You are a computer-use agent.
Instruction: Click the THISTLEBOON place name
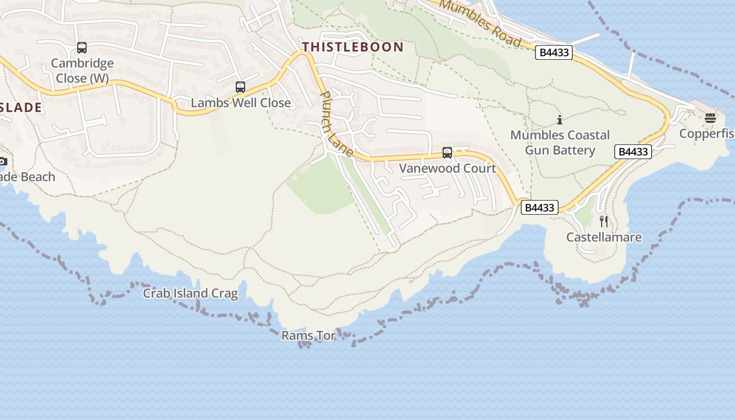pos(353,47)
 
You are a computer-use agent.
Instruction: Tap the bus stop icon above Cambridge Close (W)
pos(82,48)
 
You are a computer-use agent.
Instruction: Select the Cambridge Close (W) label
pos(82,71)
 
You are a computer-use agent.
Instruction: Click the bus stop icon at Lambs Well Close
pos(240,87)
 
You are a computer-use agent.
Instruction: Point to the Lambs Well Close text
pos(240,102)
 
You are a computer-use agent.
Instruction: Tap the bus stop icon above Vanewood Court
pos(447,153)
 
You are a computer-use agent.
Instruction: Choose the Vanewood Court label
pos(447,169)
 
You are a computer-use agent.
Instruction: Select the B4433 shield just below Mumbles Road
pos(554,52)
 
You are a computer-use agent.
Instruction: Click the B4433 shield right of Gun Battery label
pos(633,152)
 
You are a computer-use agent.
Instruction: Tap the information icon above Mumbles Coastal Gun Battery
pos(560,120)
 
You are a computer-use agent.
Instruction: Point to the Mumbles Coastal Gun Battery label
pos(560,143)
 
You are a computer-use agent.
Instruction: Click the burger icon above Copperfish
pos(710,118)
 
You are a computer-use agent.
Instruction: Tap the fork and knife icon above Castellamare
pos(604,222)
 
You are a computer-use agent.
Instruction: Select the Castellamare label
pos(604,237)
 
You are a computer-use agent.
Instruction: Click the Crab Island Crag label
pos(191,293)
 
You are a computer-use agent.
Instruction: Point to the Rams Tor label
pos(308,335)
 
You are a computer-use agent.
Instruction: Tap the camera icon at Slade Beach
pos(3,161)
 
